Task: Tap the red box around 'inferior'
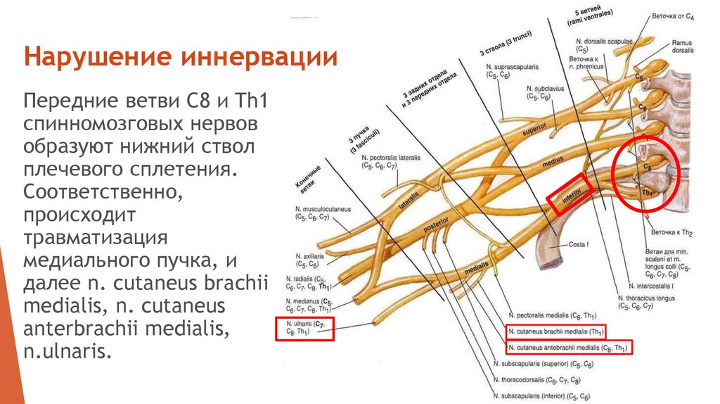[x=567, y=194]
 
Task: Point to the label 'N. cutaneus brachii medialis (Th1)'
[x=556, y=332]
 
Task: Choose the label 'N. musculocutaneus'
[x=323, y=210]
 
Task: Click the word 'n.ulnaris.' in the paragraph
[x=67, y=350]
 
